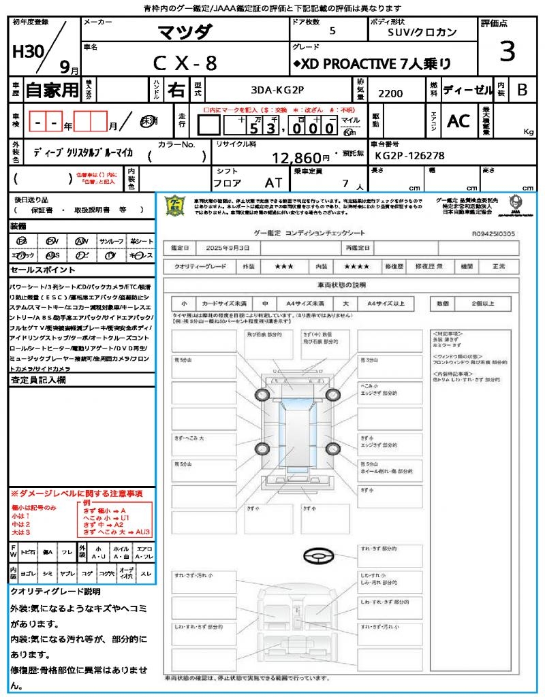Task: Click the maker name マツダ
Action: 185,32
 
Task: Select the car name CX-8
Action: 185,63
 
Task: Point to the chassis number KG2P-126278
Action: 409,156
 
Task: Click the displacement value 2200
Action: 390,93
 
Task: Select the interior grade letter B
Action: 522,90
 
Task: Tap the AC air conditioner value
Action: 458,120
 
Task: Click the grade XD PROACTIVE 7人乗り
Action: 372,64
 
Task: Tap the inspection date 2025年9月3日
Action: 232,246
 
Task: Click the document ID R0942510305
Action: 493,233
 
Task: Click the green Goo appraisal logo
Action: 176,205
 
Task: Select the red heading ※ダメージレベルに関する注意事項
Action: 76,493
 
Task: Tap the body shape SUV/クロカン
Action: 422,32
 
